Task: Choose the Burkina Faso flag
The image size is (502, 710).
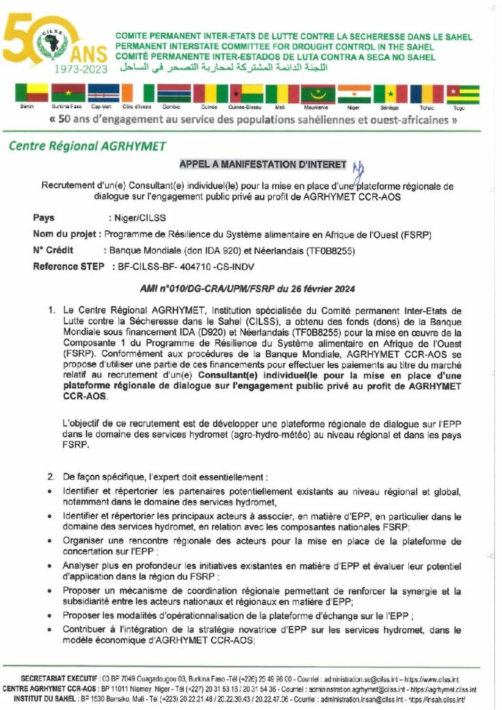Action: pyautogui.click(x=68, y=94)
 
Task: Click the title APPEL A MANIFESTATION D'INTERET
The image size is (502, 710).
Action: pyautogui.click(x=262, y=164)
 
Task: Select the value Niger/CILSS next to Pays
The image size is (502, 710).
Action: pyautogui.click(x=135, y=218)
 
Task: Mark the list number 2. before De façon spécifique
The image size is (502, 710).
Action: pyautogui.click(x=51, y=478)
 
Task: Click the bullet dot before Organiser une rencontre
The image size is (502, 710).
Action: pyautogui.click(x=52, y=541)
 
